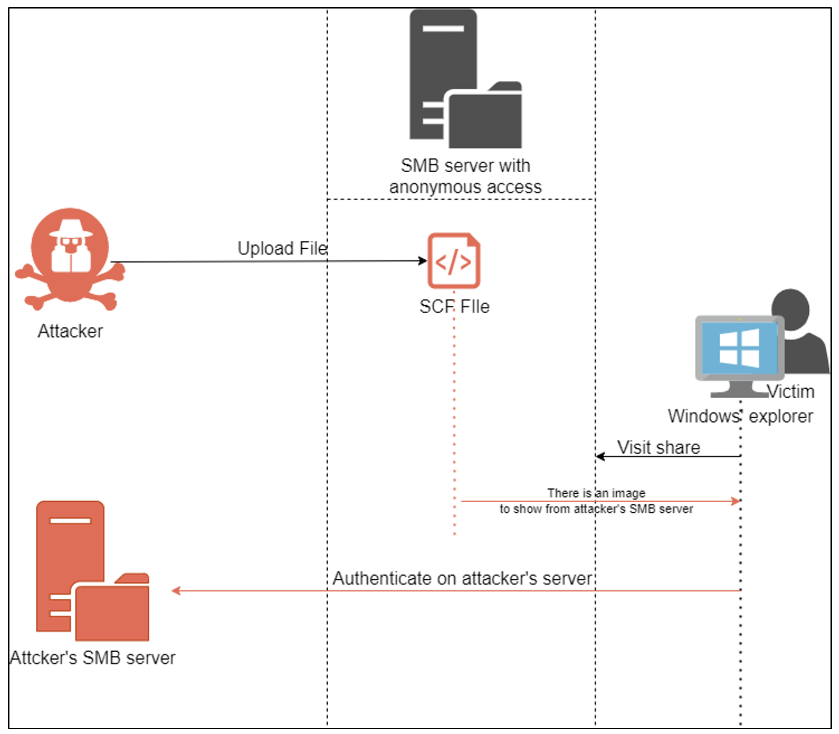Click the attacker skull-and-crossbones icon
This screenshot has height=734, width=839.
coord(70,258)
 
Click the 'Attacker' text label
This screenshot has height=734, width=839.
coord(70,331)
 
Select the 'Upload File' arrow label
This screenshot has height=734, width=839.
coord(282,248)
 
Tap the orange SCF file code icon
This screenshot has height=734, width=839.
coord(454,261)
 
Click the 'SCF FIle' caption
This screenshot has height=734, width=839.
coord(454,306)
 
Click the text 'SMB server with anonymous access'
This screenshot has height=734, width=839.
coord(465,176)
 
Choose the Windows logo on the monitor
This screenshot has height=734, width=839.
coord(739,348)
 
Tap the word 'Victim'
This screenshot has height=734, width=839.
coord(791,392)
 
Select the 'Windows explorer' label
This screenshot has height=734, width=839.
coord(740,416)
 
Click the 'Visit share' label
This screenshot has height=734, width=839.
coord(658,447)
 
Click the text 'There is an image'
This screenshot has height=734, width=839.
coord(596,493)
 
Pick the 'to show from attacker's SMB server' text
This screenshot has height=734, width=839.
coord(596,509)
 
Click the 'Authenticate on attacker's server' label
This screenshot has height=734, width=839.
coord(462,578)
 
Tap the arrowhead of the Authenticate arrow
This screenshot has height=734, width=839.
coord(176,591)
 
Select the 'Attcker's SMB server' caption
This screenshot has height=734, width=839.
coord(93,658)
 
